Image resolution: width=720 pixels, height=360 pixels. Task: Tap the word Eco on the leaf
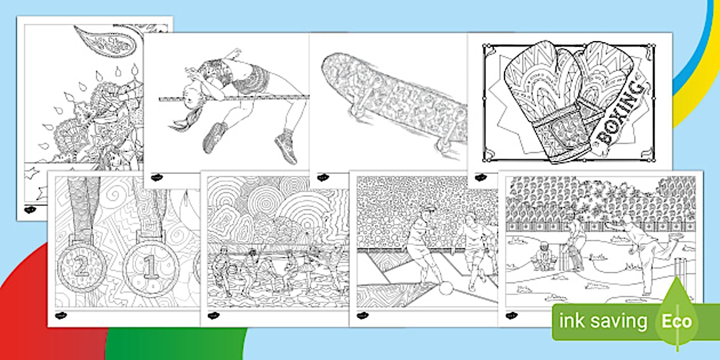coord(677,321)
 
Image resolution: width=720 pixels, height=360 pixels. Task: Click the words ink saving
coord(603,321)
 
